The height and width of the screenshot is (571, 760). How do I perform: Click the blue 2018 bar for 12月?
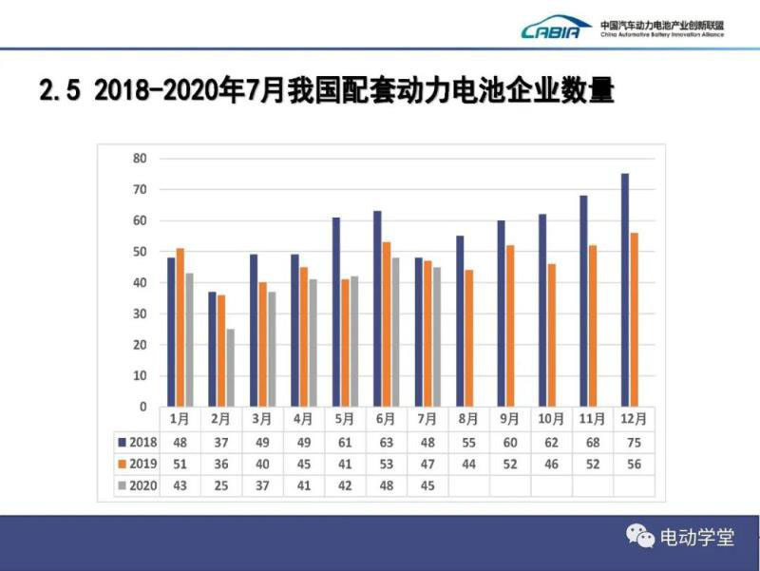(x=625, y=290)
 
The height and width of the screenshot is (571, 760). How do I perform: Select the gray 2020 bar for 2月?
(x=230, y=368)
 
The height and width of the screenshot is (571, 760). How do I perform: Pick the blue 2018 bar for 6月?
(x=377, y=309)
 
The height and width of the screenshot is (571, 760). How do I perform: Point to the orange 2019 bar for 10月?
(x=551, y=334)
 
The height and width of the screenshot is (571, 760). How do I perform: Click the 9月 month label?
(x=509, y=419)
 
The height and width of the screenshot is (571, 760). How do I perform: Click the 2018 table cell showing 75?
(x=633, y=442)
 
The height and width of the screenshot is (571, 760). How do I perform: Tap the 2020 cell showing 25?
(x=220, y=485)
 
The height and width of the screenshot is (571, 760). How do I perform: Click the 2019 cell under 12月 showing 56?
(x=633, y=464)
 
